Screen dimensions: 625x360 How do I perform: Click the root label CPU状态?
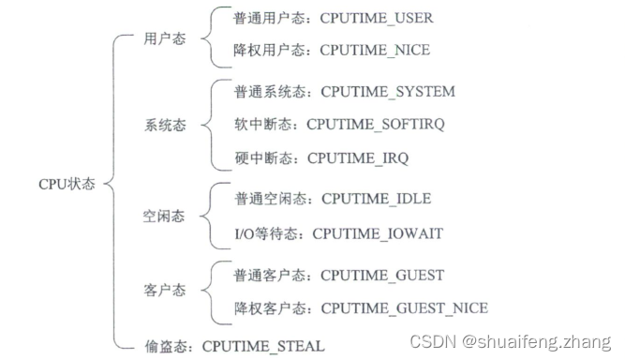[x=67, y=184]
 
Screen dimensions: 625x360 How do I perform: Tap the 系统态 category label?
[x=164, y=125]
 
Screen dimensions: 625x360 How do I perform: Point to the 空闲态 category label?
[x=164, y=216]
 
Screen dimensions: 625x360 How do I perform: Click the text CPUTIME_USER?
[x=378, y=18]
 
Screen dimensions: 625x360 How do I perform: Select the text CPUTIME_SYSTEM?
[x=388, y=92]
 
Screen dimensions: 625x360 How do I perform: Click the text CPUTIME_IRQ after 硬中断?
[x=358, y=158]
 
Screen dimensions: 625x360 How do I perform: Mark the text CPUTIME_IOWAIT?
[x=378, y=232]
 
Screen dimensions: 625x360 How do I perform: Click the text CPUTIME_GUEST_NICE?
[x=404, y=307]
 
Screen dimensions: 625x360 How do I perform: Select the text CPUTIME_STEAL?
[x=263, y=346]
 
